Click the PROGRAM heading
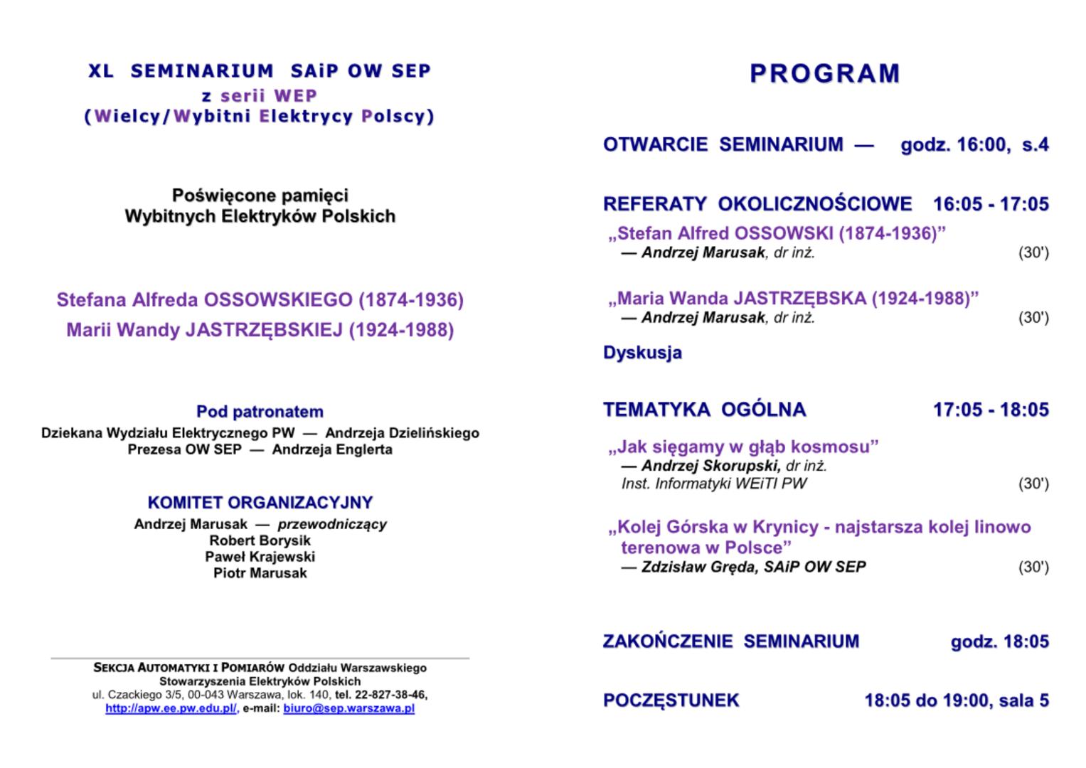825,73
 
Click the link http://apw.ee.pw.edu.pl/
171,709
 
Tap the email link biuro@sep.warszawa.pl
348,709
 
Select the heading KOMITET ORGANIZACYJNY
260,503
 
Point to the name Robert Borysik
260,540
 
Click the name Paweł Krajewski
260,557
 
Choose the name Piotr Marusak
260,573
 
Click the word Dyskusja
642,353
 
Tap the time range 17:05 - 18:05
991,410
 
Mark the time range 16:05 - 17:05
991,204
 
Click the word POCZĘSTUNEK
671,700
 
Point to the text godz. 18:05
999,641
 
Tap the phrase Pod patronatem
260,412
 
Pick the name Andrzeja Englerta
332,449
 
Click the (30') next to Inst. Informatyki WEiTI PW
1033,484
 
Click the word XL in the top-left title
101,71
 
